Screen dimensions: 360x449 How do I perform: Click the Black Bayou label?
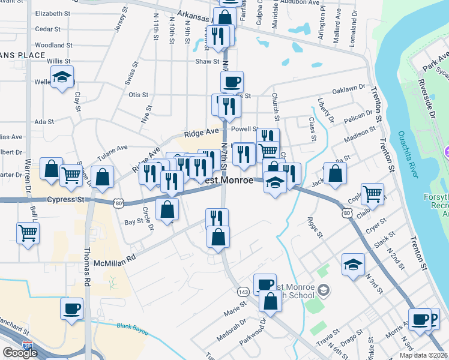click(132, 326)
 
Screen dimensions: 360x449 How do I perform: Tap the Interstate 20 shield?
click(28, 345)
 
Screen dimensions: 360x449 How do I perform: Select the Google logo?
click(20, 353)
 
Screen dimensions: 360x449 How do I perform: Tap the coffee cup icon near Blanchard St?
click(72, 310)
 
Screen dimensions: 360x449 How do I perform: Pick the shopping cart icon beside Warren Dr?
click(28, 233)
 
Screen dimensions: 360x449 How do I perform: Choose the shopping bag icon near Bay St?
click(167, 209)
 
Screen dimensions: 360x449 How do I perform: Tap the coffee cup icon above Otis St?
click(232, 81)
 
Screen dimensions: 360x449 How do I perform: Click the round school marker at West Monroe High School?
click(324, 290)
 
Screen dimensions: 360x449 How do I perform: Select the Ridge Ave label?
click(202, 133)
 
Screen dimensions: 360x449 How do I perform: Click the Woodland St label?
click(53, 45)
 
